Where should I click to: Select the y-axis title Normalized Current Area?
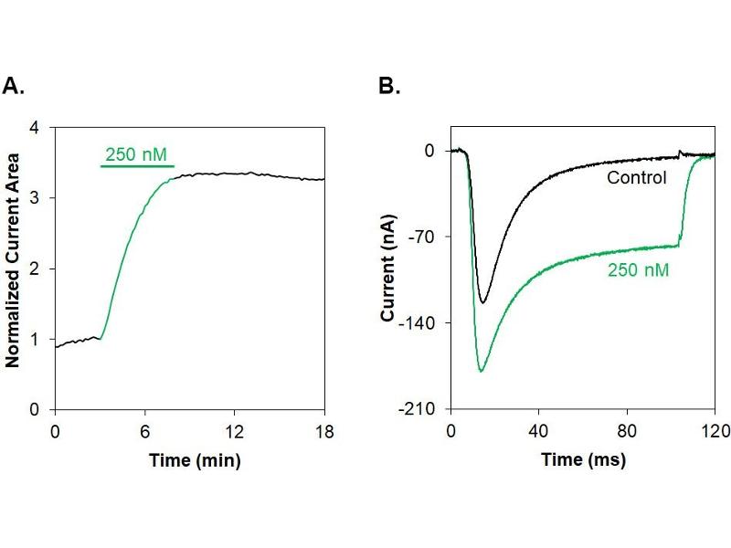pyautogui.click(x=13, y=269)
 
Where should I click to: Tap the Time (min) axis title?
pyautogui.click(x=195, y=460)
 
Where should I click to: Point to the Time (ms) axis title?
pyautogui.click(x=583, y=460)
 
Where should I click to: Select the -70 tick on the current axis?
pyautogui.click(x=425, y=237)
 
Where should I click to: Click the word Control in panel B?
pyautogui.click(x=636, y=177)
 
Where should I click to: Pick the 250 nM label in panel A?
pyautogui.click(x=136, y=154)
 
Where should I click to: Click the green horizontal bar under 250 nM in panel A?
pyautogui.click(x=136, y=168)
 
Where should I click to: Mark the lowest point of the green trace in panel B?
pyautogui.click(x=481, y=372)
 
